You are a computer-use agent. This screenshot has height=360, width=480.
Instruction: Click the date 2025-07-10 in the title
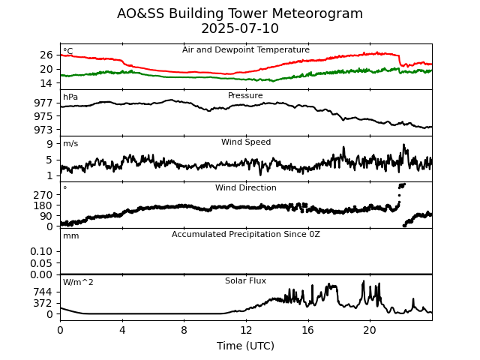[x=240, y=29]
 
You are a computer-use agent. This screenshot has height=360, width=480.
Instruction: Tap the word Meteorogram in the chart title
[x=316, y=13]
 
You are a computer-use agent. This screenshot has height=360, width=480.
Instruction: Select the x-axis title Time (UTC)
[x=246, y=346]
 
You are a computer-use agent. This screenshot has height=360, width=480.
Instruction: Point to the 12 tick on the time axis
[x=246, y=330]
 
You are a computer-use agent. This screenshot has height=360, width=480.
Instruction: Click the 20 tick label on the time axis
[x=370, y=330]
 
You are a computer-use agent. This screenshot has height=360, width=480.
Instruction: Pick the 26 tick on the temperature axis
[x=46, y=55]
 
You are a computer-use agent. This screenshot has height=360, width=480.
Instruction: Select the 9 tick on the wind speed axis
[x=49, y=143]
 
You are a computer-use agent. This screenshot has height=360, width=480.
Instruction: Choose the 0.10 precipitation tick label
[x=42, y=251]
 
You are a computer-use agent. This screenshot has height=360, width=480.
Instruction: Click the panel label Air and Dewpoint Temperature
[x=246, y=50]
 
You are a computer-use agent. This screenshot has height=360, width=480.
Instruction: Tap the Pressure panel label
[x=246, y=96]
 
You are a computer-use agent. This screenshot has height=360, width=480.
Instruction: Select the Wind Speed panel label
[x=246, y=142]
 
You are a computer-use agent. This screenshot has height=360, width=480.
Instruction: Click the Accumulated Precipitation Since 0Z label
[x=246, y=235]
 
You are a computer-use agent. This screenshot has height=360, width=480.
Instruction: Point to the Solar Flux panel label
[x=246, y=281]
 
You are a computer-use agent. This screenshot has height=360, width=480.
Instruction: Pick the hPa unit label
[x=70, y=97]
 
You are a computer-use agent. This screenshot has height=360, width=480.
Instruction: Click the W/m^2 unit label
[x=79, y=283]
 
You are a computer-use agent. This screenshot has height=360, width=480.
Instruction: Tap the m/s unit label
[x=70, y=144]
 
